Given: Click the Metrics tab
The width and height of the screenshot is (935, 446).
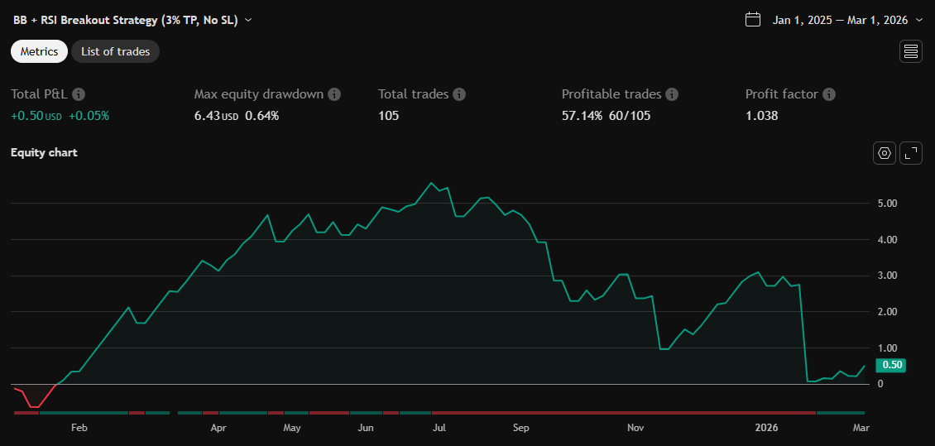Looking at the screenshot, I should (x=39, y=51).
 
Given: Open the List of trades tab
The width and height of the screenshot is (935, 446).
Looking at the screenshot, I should (x=115, y=51).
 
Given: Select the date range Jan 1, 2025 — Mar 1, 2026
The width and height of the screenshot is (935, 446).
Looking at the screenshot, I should (x=840, y=20).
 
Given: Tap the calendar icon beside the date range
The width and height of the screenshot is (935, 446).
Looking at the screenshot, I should (x=753, y=20).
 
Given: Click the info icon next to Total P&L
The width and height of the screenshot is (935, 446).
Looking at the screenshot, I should (x=79, y=94).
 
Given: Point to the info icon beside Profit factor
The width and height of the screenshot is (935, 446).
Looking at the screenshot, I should (x=829, y=94).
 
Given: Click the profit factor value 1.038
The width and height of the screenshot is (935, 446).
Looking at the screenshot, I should (x=761, y=116).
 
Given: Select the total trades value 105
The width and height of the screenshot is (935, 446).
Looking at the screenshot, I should (x=388, y=116).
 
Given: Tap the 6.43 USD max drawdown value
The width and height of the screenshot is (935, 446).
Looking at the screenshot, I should (x=207, y=116).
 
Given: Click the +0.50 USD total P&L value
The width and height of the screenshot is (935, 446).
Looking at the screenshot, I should (x=28, y=116).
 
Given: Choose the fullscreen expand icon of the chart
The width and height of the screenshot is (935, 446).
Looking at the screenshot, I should (x=911, y=153).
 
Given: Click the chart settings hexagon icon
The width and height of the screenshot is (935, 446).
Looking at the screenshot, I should (x=885, y=153).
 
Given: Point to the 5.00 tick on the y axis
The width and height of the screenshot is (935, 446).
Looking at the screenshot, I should (x=887, y=204).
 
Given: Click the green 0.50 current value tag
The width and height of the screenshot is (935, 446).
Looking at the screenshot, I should (x=891, y=365).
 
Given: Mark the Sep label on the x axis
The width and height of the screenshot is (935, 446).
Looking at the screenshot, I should (x=520, y=428).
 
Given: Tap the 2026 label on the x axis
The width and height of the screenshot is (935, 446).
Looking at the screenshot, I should (x=766, y=428).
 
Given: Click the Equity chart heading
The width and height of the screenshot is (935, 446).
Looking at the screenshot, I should (x=44, y=153).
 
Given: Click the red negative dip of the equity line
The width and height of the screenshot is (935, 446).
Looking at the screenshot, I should (x=33, y=405).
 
